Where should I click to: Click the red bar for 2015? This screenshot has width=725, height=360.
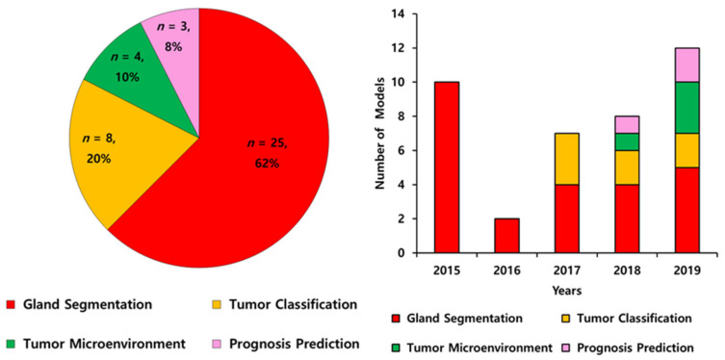pos(447,167)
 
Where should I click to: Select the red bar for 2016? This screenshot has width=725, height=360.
pos(506,236)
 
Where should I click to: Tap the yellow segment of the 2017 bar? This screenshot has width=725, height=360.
pos(567,159)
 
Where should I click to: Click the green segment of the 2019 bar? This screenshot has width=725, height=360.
pos(687,108)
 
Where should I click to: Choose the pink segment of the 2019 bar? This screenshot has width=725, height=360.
pos(687,65)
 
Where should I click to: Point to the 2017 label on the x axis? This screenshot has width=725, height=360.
pos(567,270)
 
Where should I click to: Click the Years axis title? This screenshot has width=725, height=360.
pos(567,291)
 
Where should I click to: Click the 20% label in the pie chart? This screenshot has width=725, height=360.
pos(98,159)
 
